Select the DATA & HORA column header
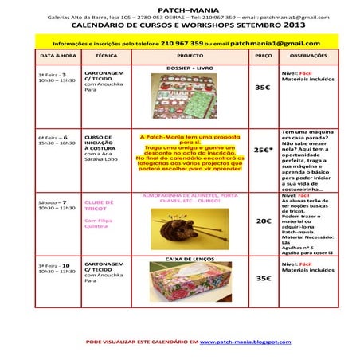point(57,57)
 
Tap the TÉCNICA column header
point(106,57)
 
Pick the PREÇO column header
point(263,57)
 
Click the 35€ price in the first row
point(263,88)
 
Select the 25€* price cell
point(264,149)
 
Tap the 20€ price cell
point(264,221)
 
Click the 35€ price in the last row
point(263,279)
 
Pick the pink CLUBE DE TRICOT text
point(100,207)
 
